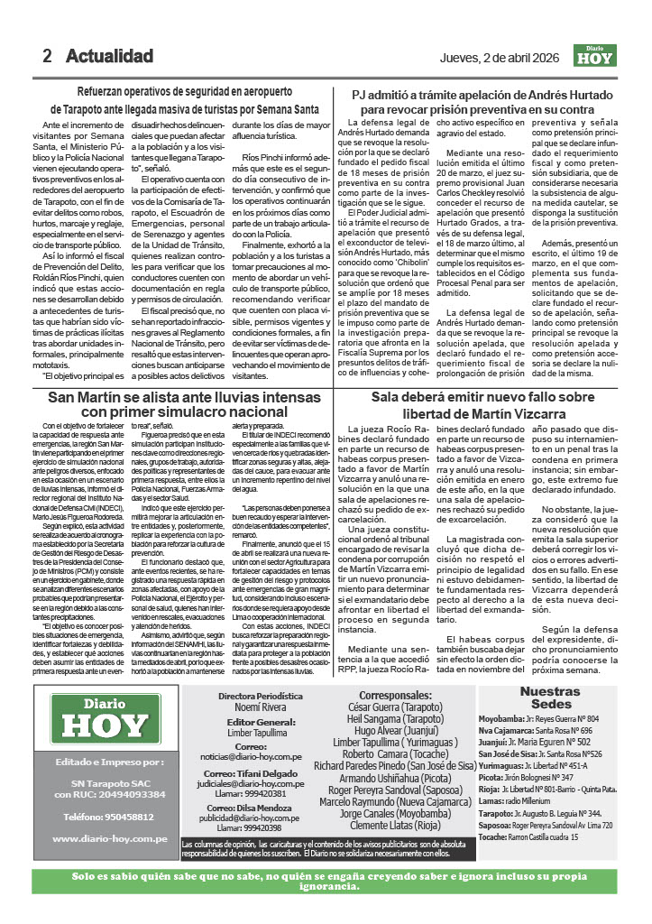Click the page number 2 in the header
click(47, 56)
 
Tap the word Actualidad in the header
click(109, 56)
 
